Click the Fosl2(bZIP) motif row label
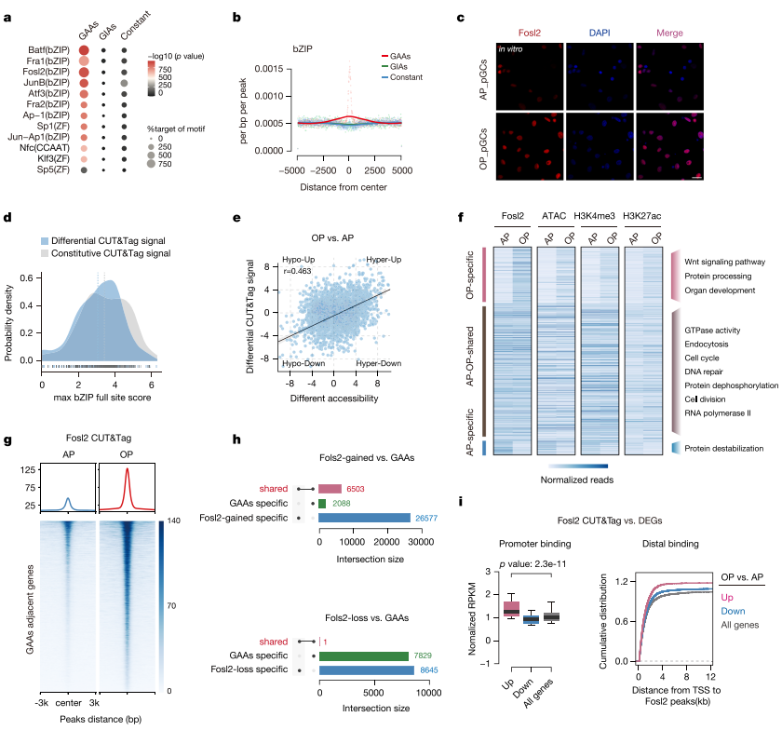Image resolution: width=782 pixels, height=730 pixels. point(46,72)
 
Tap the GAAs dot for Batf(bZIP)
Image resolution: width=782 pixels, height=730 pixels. point(84,50)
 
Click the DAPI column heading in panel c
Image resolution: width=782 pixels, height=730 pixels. point(600,33)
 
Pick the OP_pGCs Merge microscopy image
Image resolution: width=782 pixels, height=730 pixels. point(669,146)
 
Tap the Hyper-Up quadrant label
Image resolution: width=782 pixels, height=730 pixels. point(384,260)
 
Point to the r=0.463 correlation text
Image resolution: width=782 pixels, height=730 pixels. point(297,271)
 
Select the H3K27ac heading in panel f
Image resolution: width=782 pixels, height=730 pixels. point(641,216)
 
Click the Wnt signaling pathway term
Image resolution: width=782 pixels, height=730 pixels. point(724,262)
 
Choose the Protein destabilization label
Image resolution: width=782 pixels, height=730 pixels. point(723,449)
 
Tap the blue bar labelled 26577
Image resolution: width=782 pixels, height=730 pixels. point(365,518)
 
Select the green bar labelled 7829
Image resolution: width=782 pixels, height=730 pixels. point(364,656)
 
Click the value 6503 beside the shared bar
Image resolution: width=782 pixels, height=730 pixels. point(356,489)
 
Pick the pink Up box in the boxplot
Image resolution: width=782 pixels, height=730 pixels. point(512,609)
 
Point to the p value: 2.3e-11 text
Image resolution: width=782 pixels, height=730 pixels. point(533,564)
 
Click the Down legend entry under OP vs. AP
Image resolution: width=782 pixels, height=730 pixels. point(734,611)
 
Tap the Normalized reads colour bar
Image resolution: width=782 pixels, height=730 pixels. point(578,466)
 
